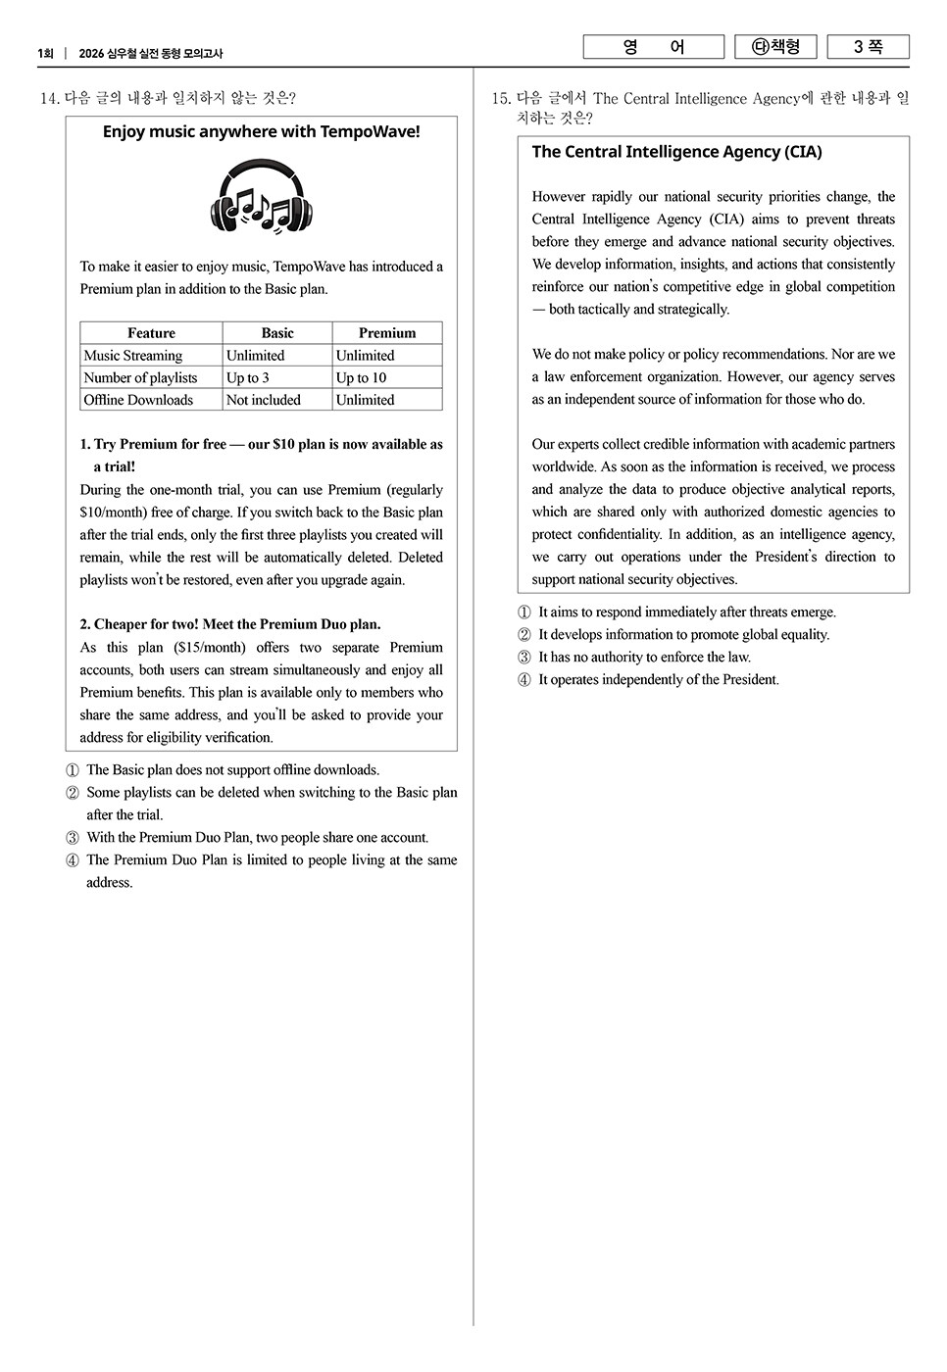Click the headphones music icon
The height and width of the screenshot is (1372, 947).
click(261, 198)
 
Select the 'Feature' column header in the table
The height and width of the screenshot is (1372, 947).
click(151, 333)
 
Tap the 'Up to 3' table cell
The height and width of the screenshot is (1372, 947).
click(247, 378)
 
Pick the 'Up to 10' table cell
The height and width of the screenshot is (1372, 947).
click(361, 378)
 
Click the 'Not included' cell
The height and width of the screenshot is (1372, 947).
click(263, 400)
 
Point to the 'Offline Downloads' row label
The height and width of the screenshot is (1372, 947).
click(138, 400)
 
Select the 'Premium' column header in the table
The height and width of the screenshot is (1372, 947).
click(387, 333)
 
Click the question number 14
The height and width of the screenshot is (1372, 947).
click(49, 98)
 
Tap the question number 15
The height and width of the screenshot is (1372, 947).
click(501, 98)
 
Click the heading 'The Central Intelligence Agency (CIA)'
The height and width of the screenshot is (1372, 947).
click(676, 152)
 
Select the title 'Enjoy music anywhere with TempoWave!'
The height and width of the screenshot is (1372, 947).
click(261, 131)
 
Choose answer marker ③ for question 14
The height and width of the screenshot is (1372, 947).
click(73, 838)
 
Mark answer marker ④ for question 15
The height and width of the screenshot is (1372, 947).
click(524, 680)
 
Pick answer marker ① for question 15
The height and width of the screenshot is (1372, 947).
click(524, 612)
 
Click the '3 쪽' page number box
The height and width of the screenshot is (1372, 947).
click(868, 47)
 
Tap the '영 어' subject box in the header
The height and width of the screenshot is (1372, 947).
click(653, 47)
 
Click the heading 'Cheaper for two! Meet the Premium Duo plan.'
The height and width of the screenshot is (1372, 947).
click(230, 624)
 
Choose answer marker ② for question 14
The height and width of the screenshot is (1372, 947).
click(73, 793)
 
